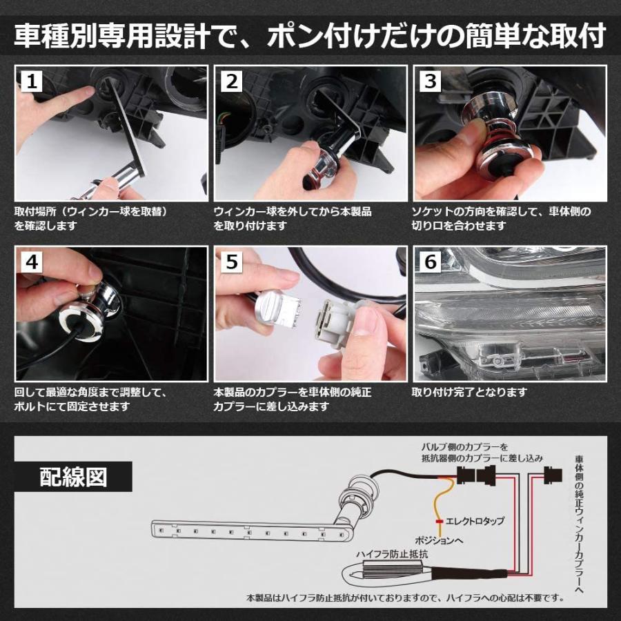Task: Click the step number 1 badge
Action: tap(31, 81)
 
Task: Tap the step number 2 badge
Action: tap(231, 81)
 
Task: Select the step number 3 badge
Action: tap(431, 81)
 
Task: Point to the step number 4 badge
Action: tap(31, 263)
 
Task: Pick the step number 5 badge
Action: tap(231, 263)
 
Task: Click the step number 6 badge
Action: tap(431, 263)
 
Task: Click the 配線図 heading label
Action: tap(73, 477)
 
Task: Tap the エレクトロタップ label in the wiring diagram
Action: tap(477, 521)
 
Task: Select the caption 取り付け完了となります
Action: tap(469, 392)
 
